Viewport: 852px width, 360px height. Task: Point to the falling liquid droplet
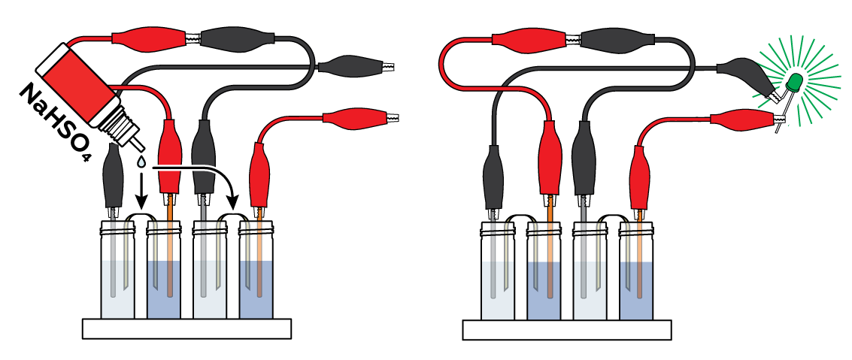pos(141,161)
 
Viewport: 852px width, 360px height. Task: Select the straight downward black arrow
pos(141,192)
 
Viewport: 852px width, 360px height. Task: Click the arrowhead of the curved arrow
pos(233,202)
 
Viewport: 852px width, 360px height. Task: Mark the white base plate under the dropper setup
pos(186,328)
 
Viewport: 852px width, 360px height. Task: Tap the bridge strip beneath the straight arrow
pos(141,218)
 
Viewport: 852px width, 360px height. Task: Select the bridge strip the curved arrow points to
pos(232,218)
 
